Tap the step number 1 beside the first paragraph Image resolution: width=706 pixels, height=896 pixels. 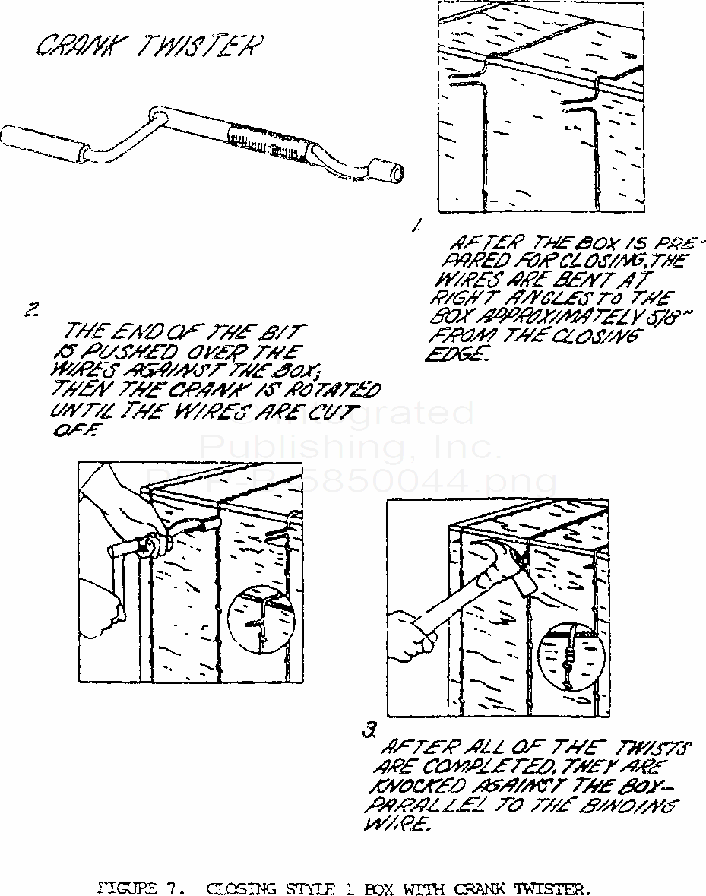[415, 224]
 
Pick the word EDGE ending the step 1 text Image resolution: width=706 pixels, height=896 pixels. [457, 356]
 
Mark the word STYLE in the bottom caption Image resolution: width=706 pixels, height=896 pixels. [313, 886]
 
